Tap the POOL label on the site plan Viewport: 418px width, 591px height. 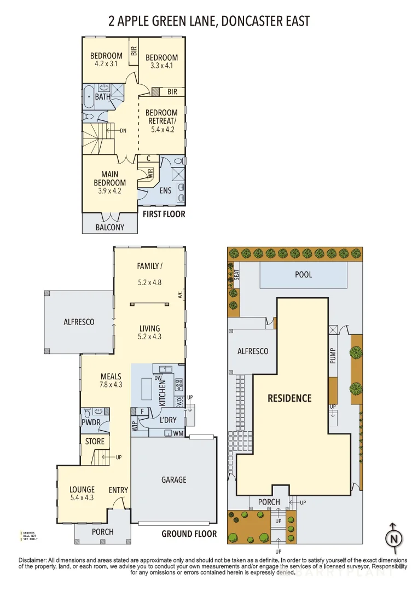[304, 274]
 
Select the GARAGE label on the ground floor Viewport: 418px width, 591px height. [173, 479]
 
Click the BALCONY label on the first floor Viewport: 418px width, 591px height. [110, 227]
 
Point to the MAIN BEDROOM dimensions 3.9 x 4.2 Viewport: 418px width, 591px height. [109, 191]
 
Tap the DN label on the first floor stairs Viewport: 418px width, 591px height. [123, 130]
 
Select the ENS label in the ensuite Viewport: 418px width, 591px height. [165, 190]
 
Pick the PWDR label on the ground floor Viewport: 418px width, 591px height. [90, 423]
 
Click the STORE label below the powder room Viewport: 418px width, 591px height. [95, 442]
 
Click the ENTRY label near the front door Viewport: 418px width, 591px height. [119, 490]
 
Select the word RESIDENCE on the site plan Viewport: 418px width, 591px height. [289, 398]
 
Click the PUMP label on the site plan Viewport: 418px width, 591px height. [333, 356]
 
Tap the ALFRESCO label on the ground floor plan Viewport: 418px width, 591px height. [79, 322]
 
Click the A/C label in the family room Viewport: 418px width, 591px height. [179, 295]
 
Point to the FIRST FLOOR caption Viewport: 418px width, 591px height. [164, 214]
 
